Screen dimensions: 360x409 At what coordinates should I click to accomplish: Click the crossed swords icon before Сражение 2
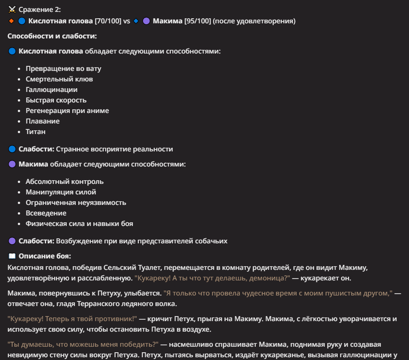click(12, 10)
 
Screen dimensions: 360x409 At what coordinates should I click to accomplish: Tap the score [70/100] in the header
click(108, 21)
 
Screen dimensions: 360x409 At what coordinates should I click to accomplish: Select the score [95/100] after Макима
click(197, 21)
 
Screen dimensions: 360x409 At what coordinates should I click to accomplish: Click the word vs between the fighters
click(127, 21)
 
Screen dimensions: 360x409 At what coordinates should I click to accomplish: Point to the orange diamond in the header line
click(11, 21)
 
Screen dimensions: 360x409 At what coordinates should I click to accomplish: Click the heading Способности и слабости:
click(52, 36)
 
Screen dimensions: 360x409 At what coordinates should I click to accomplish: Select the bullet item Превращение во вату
click(63, 69)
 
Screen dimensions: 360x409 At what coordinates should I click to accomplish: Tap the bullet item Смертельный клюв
click(59, 79)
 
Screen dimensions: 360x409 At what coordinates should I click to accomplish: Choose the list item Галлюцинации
click(51, 90)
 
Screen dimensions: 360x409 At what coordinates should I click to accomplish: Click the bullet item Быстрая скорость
click(56, 100)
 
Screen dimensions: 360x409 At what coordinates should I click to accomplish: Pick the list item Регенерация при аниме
click(67, 111)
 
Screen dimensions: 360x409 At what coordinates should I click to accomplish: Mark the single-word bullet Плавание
click(42, 121)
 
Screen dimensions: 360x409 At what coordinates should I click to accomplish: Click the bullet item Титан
click(36, 132)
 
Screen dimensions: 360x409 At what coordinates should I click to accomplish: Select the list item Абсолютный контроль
click(64, 182)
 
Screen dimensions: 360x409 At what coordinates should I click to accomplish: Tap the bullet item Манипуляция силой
click(61, 192)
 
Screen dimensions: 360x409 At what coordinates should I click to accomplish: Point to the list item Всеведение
click(46, 213)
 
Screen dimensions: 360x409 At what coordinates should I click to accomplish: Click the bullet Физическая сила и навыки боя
click(79, 224)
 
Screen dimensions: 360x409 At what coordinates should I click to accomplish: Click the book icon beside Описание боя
click(12, 256)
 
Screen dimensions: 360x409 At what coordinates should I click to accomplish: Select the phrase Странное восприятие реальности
click(121, 149)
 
